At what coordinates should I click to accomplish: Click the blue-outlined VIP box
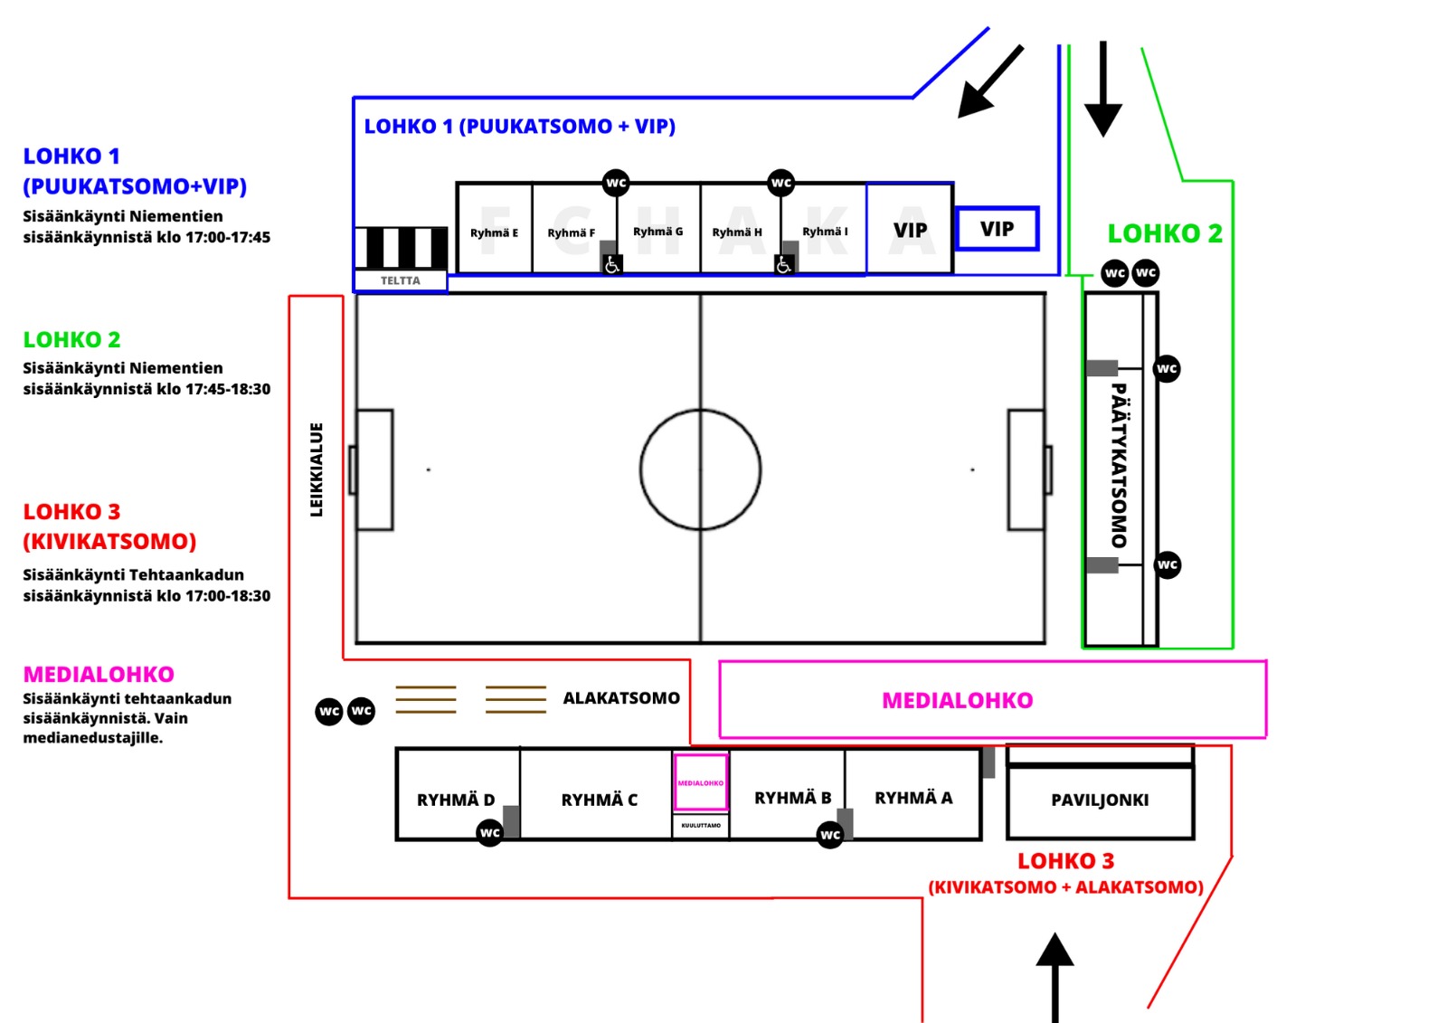click(997, 229)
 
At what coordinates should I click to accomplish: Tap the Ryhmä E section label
click(494, 232)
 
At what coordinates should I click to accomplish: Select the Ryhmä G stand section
click(657, 232)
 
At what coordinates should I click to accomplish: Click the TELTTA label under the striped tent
click(400, 280)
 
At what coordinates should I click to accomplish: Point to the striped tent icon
click(401, 248)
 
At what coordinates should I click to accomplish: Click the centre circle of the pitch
click(700, 469)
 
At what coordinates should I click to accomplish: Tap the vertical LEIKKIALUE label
click(317, 469)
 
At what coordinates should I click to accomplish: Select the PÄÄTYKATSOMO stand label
click(1119, 466)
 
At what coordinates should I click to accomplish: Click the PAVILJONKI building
click(1100, 800)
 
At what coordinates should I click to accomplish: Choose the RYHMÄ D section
click(456, 800)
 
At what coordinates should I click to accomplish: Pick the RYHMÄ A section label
click(913, 798)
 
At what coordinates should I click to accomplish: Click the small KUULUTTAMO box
click(701, 825)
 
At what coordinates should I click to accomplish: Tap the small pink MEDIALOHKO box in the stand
click(701, 782)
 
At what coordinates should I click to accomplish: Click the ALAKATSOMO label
click(621, 698)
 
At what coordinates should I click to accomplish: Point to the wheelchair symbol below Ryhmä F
click(612, 264)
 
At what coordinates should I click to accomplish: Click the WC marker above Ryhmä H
click(780, 183)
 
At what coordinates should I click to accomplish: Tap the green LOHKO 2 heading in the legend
click(71, 340)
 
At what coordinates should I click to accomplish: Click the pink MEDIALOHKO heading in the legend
click(99, 675)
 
